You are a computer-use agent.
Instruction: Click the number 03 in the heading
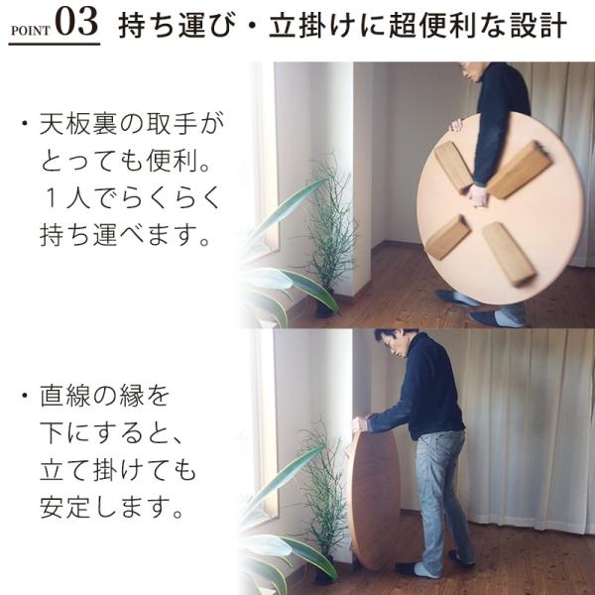pos(76,22)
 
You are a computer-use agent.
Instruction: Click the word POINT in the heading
pos(31,31)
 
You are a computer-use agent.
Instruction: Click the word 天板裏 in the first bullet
pos(78,125)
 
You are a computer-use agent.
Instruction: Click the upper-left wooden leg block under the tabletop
pos(454,167)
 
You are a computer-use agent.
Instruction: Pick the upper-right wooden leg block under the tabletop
pos(519,170)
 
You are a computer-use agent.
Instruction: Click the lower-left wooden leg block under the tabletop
pos(448,238)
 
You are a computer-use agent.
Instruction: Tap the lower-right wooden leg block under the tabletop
pos(509,254)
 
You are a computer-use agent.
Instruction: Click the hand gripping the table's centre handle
pos(477,195)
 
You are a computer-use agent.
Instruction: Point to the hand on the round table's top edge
pos(456,126)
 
